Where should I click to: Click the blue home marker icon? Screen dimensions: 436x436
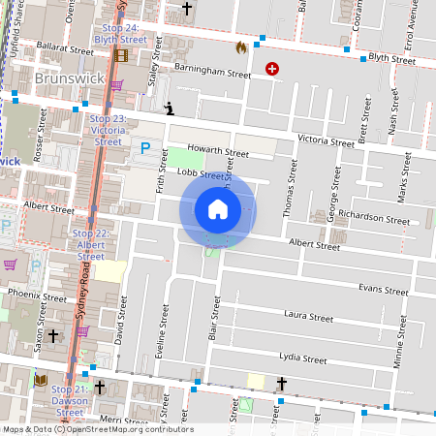point(218,209)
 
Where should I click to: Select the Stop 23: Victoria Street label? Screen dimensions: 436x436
point(107,129)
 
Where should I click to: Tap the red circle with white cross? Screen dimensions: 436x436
point(272,70)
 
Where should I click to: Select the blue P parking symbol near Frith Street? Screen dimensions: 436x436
point(145,148)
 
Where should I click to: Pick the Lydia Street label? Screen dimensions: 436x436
point(303,358)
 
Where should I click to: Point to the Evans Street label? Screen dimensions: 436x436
point(383,290)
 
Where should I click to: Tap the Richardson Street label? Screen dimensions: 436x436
point(375,220)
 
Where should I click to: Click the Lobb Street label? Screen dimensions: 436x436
point(202,173)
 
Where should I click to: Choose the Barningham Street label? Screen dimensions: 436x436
point(213,72)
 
